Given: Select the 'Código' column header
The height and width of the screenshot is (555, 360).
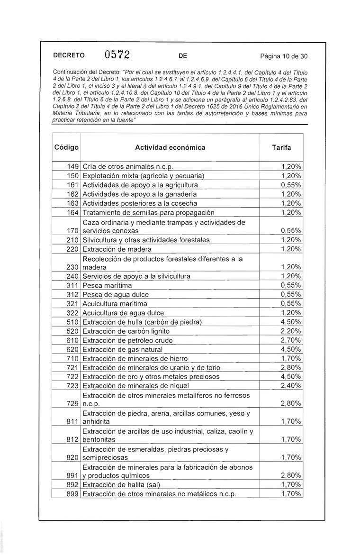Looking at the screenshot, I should click(66, 147).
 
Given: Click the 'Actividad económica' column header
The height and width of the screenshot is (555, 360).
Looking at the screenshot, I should click(171, 147).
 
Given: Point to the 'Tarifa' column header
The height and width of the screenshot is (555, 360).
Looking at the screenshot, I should click(282, 147).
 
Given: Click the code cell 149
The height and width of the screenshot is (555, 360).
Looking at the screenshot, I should click(72, 166).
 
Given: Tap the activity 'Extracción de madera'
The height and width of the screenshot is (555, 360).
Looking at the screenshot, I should click(117, 249).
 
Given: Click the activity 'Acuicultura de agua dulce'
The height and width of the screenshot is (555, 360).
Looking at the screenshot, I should click(123, 313).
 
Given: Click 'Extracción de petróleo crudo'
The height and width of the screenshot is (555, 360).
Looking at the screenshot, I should click(127, 340).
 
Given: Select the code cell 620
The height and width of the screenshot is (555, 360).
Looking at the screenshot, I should click(72, 350).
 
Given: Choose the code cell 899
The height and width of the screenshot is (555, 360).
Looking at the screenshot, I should click(72, 494).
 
